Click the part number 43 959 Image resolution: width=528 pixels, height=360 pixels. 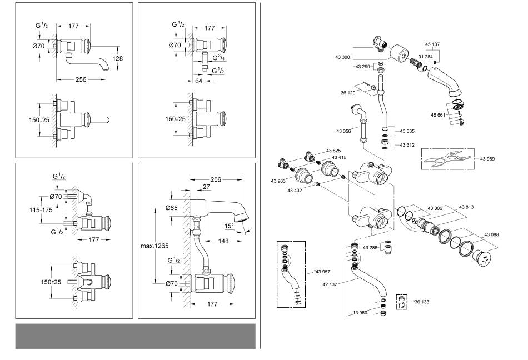[x=487, y=159]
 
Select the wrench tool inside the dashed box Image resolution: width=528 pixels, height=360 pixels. [x=447, y=159]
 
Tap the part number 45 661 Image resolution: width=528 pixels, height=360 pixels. [x=438, y=115]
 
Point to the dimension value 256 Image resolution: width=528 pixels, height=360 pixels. [x=81, y=79]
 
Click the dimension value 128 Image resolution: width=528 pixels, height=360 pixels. [x=117, y=58]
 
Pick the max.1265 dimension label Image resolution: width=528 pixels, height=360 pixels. [x=155, y=246]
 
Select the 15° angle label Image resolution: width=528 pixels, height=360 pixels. [x=229, y=226]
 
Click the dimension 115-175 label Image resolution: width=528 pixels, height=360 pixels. [x=41, y=210]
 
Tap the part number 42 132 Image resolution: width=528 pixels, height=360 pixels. [x=330, y=284]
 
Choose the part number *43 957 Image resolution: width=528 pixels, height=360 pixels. [x=322, y=272]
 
